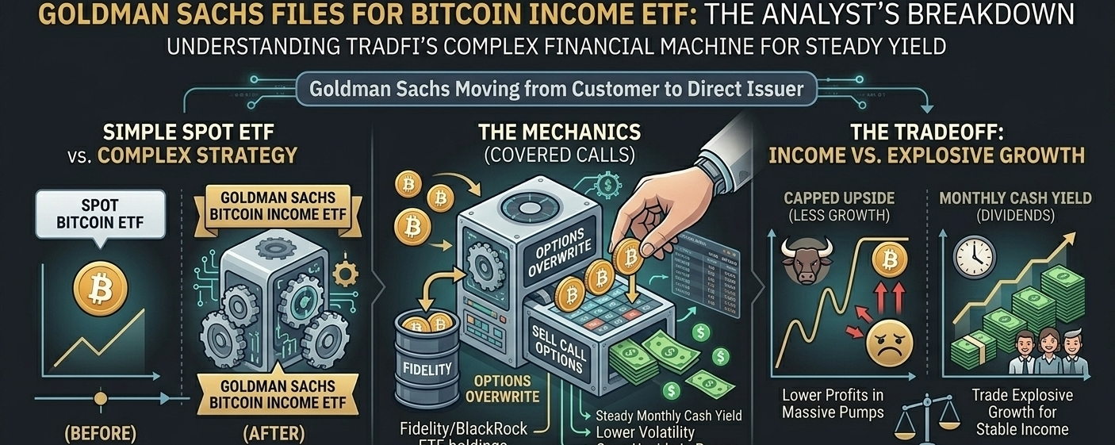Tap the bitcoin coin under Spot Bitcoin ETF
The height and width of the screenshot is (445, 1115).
tap(100, 290)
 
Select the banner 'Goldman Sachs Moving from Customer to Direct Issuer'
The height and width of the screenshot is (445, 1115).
tap(556, 89)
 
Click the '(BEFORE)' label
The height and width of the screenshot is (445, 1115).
tap(100, 434)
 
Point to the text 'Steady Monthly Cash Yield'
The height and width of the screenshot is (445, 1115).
tap(668, 415)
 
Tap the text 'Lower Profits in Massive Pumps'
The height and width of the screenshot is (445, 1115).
tap(832, 403)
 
